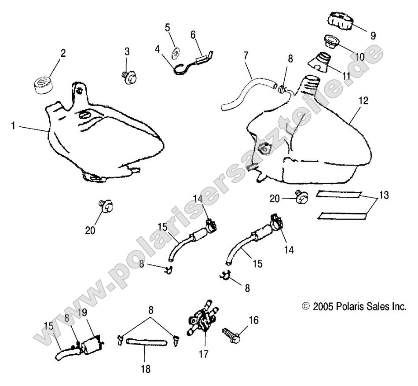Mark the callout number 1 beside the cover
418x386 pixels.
point(14,126)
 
